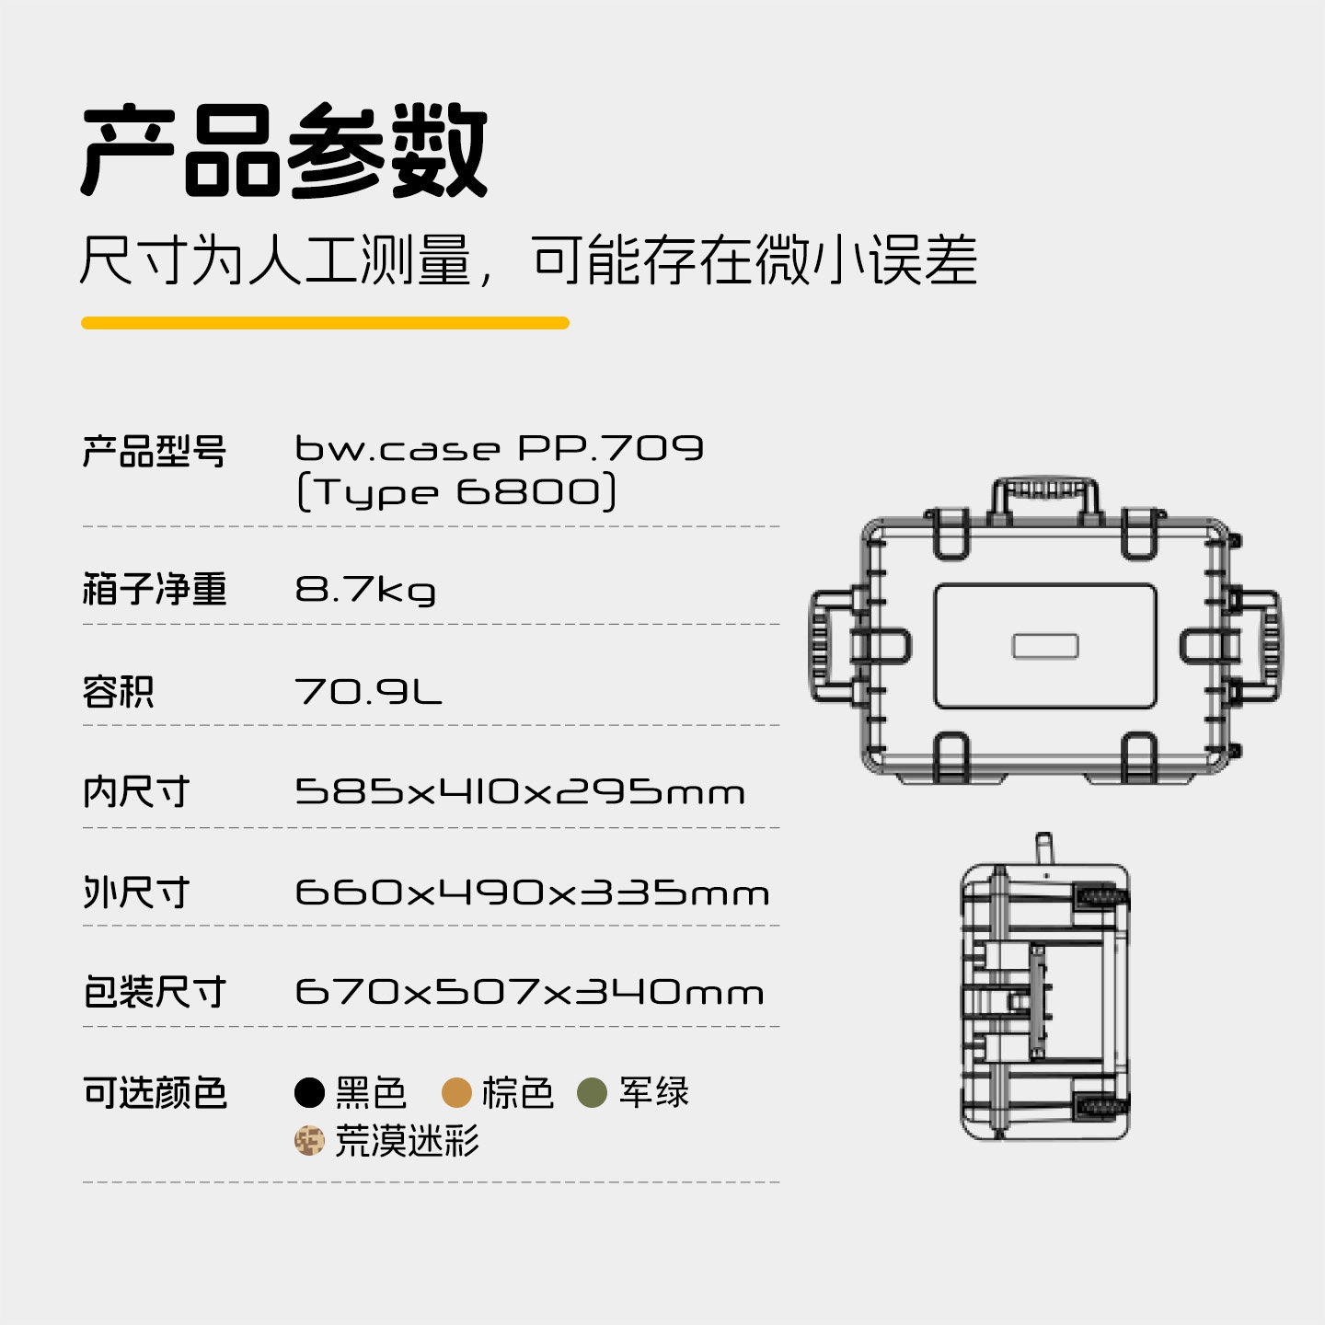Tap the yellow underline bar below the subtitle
click(325, 323)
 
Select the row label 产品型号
click(154, 451)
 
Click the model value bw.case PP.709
click(499, 448)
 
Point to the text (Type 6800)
click(456, 491)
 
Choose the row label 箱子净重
click(154, 589)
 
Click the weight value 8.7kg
click(365, 590)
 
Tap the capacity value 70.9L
click(368, 691)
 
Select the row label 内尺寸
click(136, 791)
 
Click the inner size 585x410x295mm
click(520, 791)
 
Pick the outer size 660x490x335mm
click(532, 893)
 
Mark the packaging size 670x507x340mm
click(529, 992)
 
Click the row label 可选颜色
click(154, 1093)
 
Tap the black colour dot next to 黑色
click(310, 1093)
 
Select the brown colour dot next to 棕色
click(456, 1093)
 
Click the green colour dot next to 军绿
click(592, 1093)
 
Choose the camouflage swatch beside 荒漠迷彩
click(310, 1141)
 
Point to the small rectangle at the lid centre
click(1045, 646)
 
